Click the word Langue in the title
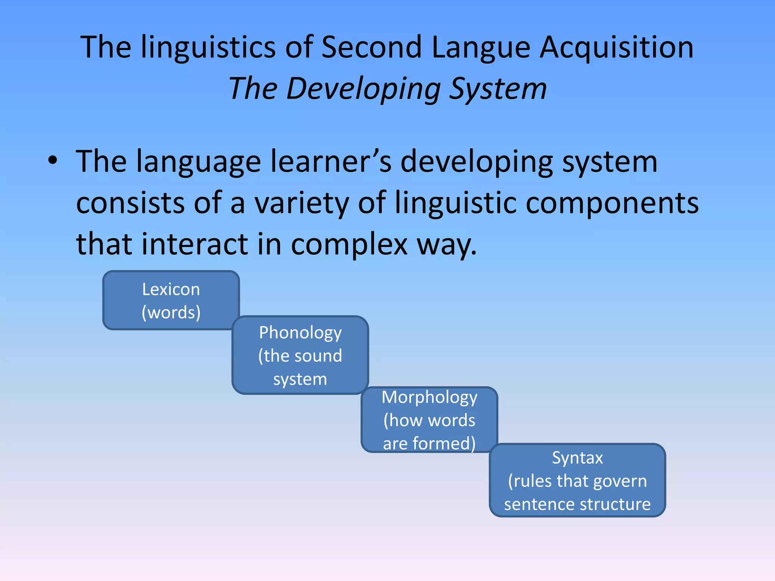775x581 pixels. pos(481,48)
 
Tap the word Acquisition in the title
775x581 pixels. pos(616,48)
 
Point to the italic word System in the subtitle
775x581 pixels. pos(498,89)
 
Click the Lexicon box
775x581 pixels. pos(171,300)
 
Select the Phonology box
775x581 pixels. pos(300,355)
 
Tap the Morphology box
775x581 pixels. pos(429,419)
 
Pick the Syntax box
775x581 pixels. pos(577,480)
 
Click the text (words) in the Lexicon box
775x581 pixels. pos(171,312)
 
